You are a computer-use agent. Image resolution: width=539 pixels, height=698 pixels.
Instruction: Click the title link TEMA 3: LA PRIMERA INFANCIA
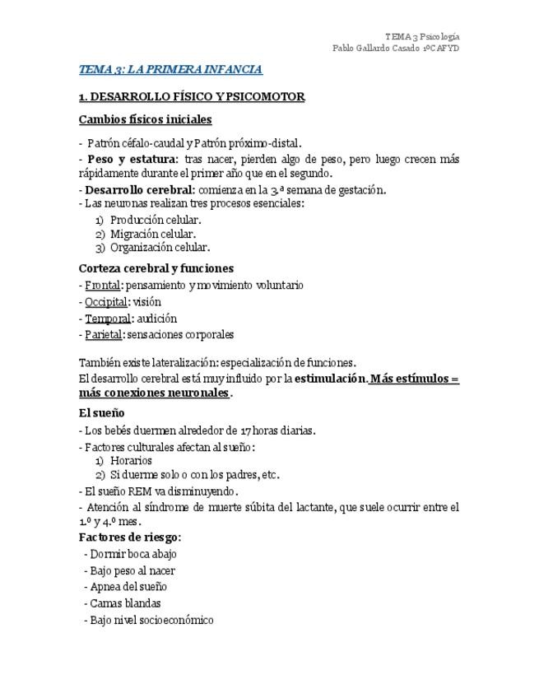pos(170,70)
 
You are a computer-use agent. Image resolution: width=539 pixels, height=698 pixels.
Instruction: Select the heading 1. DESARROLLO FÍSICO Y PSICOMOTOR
pos(191,97)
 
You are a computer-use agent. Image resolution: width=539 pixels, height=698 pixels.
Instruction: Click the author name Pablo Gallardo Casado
pos(376,49)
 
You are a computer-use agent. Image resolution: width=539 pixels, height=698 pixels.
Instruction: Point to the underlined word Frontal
pos(103,286)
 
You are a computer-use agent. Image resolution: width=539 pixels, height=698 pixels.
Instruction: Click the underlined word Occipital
pos(106,302)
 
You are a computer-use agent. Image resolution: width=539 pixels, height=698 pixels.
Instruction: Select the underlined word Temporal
pos(108,319)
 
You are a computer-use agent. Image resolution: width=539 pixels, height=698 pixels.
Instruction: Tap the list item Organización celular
pos(160,247)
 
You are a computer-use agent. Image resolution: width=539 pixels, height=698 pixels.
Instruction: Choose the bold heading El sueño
pos(101,412)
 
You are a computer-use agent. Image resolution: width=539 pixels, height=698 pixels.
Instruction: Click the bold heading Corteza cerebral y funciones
pos(156,268)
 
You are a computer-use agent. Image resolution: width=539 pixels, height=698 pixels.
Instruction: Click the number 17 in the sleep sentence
pos(235,430)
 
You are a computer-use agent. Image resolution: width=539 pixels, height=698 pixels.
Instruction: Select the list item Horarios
pos(131,461)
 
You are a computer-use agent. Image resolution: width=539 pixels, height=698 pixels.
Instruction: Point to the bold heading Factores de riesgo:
pos(130,537)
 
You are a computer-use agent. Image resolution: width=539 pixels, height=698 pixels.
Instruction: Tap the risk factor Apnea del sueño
pos(128,587)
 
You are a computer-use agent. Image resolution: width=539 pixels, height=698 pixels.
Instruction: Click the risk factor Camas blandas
pos(125,603)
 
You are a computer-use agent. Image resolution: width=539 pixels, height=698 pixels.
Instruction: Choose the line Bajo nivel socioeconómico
pos(151,620)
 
